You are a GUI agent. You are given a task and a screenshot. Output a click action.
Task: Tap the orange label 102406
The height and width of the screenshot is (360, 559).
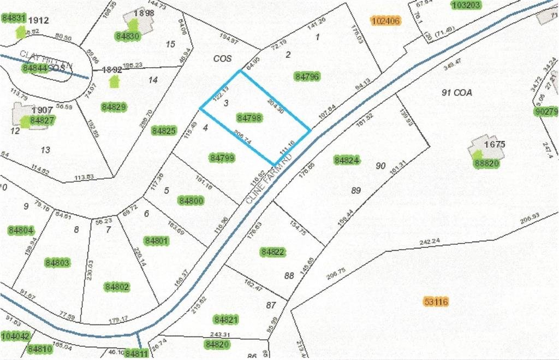(385, 21)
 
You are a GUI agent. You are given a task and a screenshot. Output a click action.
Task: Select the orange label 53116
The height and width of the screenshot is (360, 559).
(436, 301)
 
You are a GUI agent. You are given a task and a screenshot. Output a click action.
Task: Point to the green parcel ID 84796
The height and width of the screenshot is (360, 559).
(307, 76)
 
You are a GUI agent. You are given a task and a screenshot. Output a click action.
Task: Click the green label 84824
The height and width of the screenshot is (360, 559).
(347, 160)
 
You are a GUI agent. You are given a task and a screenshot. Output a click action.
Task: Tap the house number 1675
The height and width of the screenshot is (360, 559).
(494, 145)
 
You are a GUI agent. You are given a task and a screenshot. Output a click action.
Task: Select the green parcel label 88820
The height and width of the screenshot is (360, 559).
(486, 163)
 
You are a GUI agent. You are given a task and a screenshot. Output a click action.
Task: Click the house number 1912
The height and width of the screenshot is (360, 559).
(39, 21)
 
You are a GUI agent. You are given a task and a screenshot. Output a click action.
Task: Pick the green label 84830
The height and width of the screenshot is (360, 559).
(128, 36)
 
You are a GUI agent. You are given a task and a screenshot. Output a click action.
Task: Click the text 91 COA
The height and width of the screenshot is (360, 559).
(456, 93)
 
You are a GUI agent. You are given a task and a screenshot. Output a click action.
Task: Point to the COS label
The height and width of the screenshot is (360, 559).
(223, 58)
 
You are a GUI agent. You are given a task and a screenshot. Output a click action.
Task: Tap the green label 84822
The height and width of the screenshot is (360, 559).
(273, 252)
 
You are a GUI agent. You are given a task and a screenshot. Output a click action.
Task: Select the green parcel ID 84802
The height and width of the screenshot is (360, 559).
(117, 287)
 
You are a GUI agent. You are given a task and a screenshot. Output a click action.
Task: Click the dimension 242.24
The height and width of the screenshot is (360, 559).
(430, 241)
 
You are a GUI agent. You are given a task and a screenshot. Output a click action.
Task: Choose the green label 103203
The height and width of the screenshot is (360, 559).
(466, 5)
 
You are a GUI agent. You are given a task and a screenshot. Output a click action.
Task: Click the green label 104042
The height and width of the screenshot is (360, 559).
(15, 335)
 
